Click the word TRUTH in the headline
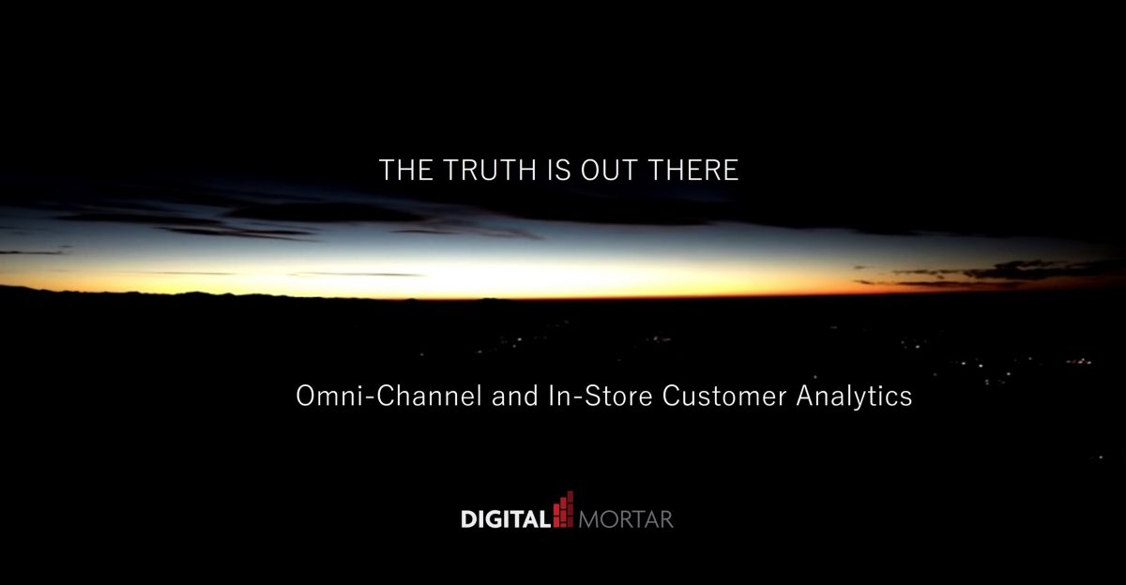(490, 170)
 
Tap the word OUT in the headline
(609, 170)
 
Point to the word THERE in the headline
(693, 170)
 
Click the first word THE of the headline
(406, 170)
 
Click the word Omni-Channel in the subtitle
(389, 396)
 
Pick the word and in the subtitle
(515, 396)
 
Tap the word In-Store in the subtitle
(601, 396)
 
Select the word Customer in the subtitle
(724, 396)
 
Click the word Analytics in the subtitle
(854, 397)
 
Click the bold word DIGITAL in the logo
(506, 519)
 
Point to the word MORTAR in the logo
(626, 519)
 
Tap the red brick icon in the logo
(564, 509)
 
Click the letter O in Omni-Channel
(305, 396)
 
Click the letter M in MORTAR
(588, 519)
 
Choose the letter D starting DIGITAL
(469, 519)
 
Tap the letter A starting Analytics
(806, 396)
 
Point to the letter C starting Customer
(671, 396)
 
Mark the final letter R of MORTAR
(666, 519)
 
